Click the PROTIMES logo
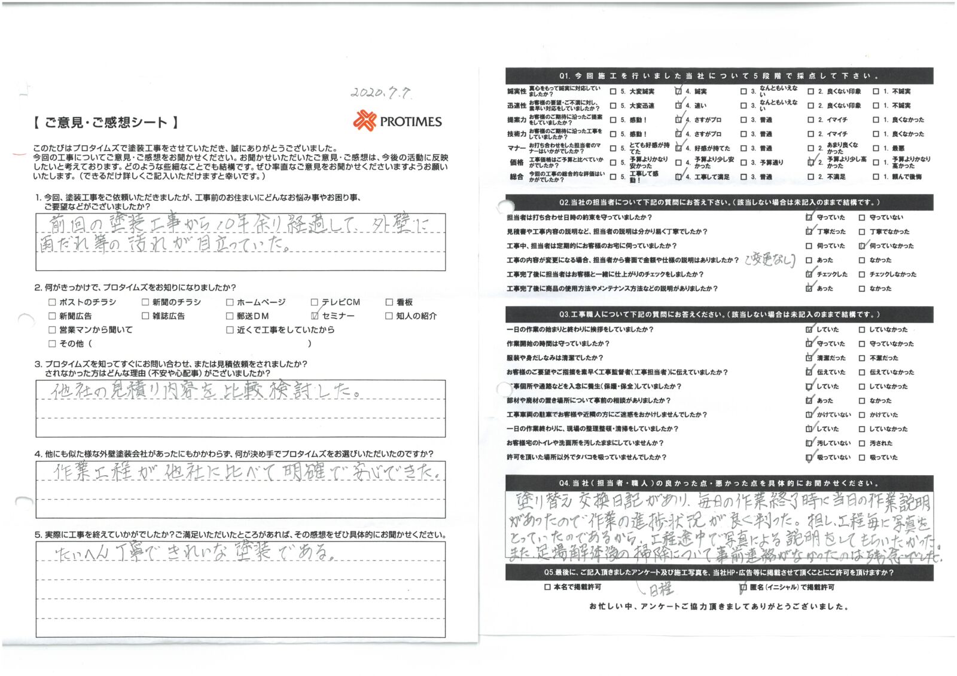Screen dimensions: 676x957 tap(397, 121)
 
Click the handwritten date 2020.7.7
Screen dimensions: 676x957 tap(380, 93)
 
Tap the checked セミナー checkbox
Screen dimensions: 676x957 tap(315, 316)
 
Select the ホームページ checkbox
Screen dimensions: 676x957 tap(230, 302)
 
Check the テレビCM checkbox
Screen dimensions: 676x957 tap(315, 302)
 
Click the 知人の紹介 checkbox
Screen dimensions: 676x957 tap(389, 316)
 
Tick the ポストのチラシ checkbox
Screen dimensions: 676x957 tap(52, 302)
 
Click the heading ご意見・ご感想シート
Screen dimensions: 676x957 tap(105, 123)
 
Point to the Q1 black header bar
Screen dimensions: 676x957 tap(718, 76)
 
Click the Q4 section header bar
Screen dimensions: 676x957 tap(718, 483)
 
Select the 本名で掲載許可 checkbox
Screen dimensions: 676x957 tap(547, 588)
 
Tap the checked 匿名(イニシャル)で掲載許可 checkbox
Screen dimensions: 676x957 tap(743, 588)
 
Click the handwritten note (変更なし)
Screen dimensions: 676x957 tap(770, 260)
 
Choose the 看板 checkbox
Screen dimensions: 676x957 tap(389, 302)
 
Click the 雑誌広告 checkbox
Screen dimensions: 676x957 tap(145, 316)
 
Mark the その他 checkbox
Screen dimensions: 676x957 tap(52, 344)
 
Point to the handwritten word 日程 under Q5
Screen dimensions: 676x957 tap(660, 590)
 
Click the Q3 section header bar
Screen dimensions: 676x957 tap(718, 314)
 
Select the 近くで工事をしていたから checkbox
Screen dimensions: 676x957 tap(230, 330)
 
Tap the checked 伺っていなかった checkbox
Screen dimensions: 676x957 tap(862, 246)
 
